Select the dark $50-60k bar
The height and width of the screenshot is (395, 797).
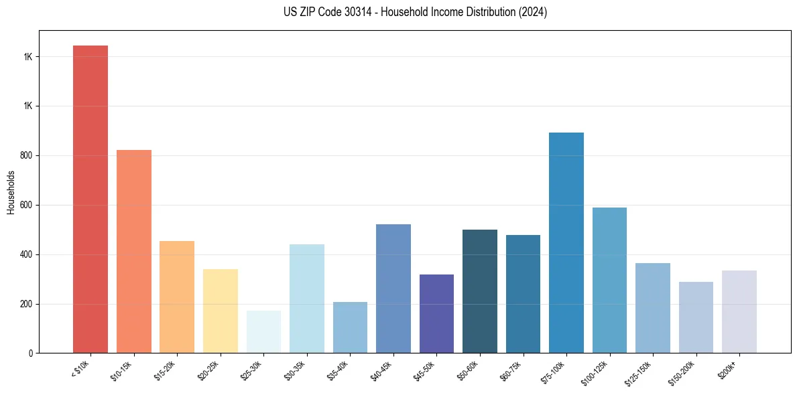pos(479,291)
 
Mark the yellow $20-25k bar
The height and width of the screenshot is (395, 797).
pos(220,311)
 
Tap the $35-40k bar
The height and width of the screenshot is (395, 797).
pos(350,327)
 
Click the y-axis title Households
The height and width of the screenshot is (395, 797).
pos(11,192)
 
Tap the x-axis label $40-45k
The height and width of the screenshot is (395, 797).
pos(382,370)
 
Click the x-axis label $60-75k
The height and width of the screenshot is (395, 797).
pos(511,370)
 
